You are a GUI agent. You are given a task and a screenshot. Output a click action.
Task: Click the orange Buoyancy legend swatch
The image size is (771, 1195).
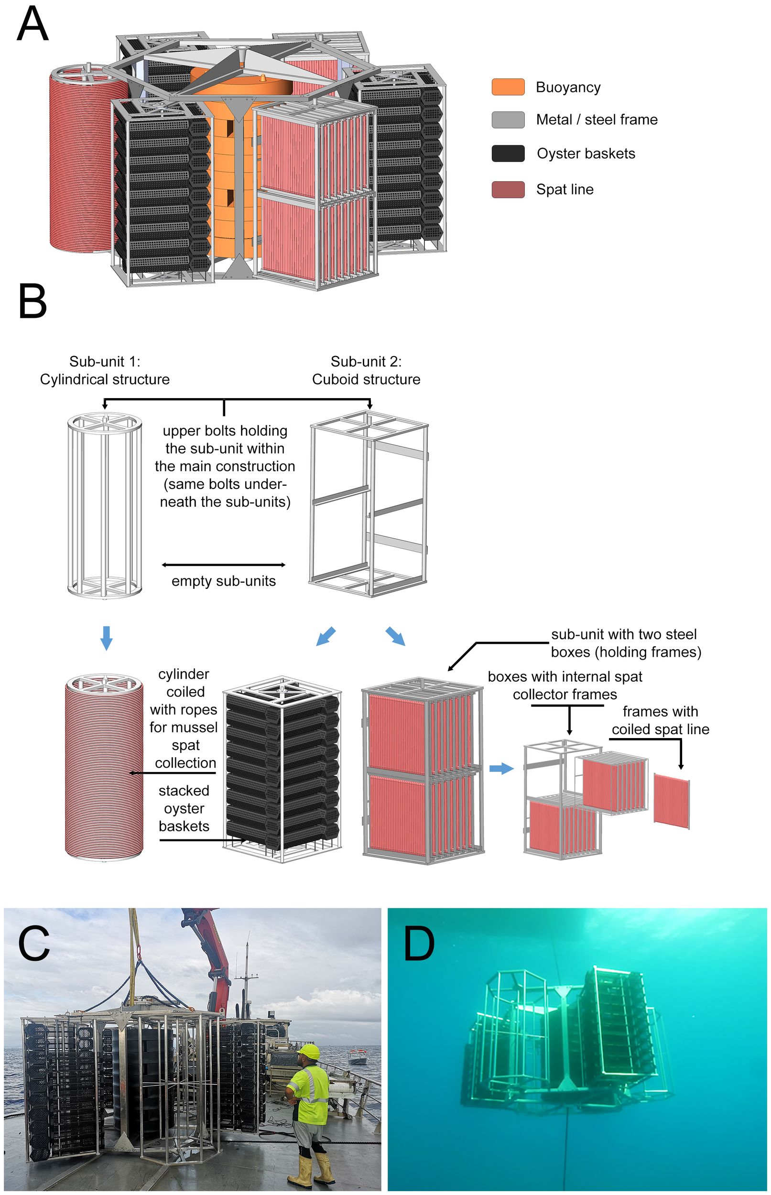click(x=508, y=87)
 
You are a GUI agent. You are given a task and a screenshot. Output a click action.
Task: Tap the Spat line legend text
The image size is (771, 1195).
click(x=564, y=190)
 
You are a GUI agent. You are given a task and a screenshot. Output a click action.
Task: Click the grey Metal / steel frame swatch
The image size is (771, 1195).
click(x=508, y=120)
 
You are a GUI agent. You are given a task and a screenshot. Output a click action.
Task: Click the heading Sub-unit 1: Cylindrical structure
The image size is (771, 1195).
click(x=105, y=370)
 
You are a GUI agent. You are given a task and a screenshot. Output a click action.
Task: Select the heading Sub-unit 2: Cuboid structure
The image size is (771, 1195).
click(x=366, y=370)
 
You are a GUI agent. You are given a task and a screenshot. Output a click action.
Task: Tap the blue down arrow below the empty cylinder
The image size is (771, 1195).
click(x=106, y=637)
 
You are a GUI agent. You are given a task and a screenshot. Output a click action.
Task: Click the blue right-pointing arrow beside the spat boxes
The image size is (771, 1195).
click(x=501, y=768)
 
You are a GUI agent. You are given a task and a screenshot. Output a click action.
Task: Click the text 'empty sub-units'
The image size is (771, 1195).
click(x=223, y=581)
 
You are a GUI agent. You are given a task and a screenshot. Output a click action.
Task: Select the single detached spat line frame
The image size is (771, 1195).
click(x=672, y=801)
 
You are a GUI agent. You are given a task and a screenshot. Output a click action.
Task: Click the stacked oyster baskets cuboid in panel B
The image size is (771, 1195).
click(x=282, y=769)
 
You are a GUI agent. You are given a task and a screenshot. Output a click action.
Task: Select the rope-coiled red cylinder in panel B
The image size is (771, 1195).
click(x=104, y=769)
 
